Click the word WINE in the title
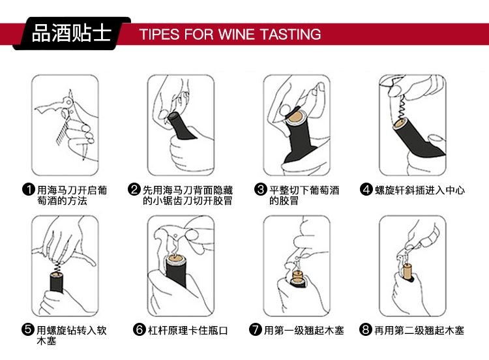[x=241, y=34]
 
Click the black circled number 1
[x=29, y=190]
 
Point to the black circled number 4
[x=366, y=190]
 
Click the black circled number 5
[x=29, y=329]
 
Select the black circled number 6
[x=139, y=331]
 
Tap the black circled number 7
[x=256, y=331]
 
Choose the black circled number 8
[x=366, y=331]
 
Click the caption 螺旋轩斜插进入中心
[x=419, y=190]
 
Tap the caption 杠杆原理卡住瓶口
[x=186, y=331]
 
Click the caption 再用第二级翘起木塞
[x=419, y=331]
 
